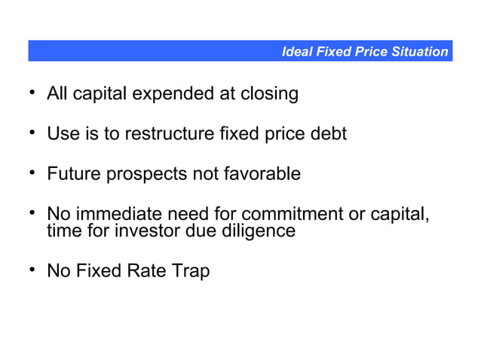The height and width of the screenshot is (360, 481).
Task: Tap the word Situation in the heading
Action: pyautogui.click(x=419, y=52)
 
